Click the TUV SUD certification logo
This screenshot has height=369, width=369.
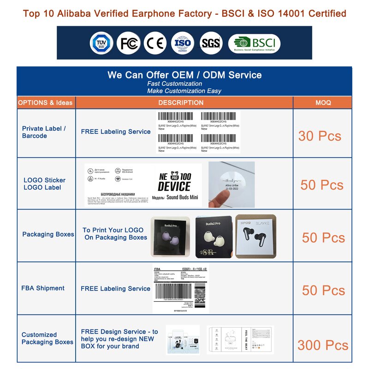tap(101, 43)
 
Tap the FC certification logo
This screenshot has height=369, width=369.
tap(128, 43)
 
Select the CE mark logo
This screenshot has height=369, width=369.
tap(155, 43)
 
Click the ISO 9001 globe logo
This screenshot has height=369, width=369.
tap(183, 43)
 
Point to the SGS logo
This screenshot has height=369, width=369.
tap(211, 43)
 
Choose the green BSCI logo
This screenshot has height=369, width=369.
tap(254, 43)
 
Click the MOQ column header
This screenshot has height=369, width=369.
tap(323, 102)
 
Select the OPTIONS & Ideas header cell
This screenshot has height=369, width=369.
tap(45, 102)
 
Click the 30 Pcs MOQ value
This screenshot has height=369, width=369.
tap(320, 136)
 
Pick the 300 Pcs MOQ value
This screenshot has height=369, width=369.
tap(322, 345)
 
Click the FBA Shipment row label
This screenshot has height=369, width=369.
tap(43, 288)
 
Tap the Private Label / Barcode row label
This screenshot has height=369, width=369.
tap(44, 132)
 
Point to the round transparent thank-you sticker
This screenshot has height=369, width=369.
tap(232, 184)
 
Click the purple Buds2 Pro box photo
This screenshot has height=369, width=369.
tap(170, 237)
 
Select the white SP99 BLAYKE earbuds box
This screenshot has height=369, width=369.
tap(258, 236)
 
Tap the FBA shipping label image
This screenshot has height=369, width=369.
tap(180, 290)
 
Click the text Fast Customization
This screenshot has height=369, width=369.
tap(174, 83)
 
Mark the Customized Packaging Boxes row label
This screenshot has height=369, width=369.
tap(47, 338)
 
